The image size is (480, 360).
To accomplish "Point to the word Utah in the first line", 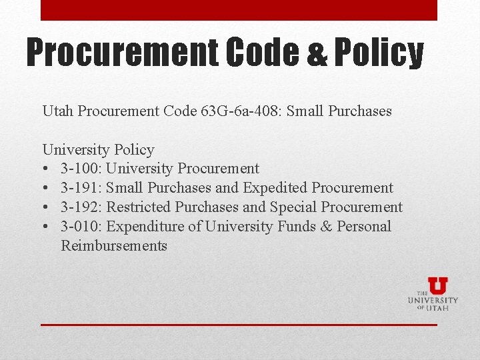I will pyautogui.click(x=58, y=111).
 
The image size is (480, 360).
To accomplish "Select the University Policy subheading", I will pyautogui.click(x=98, y=150).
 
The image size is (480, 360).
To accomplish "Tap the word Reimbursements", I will pyautogui.click(x=114, y=246).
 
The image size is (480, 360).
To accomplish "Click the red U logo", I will pyautogui.click(x=437, y=285).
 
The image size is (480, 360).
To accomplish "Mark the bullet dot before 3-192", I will pyautogui.click(x=46, y=207).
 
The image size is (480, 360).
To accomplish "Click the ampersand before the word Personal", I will pyautogui.click(x=326, y=227).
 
